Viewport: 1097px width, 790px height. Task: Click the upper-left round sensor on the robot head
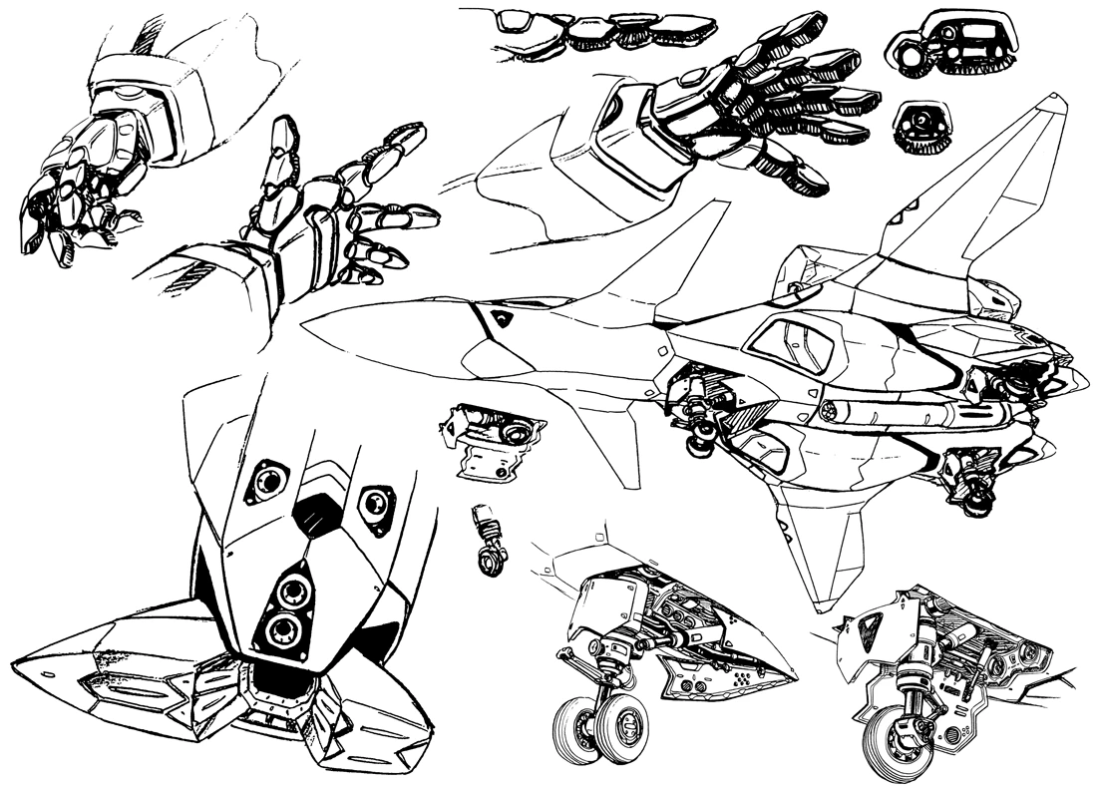coord(267,481)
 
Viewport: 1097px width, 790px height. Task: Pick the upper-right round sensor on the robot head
coord(376,504)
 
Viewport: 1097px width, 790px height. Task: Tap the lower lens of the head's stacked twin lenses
coord(283,628)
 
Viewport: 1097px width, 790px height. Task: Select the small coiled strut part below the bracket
coord(489,544)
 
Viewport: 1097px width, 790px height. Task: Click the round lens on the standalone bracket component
coord(516,433)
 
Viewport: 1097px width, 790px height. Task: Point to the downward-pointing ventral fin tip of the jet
coord(820,605)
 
